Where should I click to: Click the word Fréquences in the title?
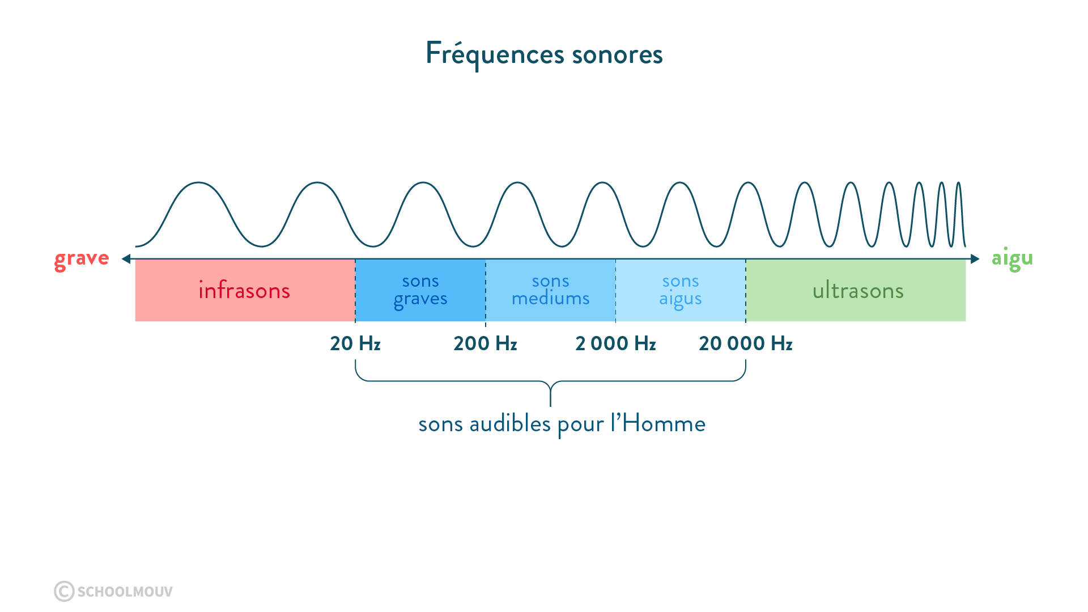[x=494, y=54]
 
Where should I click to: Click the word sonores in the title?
[x=617, y=55]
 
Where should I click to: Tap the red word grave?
[x=82, y=259]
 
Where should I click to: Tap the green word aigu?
[x=1012, y=259]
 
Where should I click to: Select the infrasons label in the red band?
[x=244, y=291]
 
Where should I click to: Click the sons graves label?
[x=420, y=290]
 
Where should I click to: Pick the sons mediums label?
[x=551, y=290]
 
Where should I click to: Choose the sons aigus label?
[x=681, y=290]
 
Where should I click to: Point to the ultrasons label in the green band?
[x=858, y=291]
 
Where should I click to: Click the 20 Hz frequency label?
[x=355, y=343]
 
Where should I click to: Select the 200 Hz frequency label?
[x=485, y=343]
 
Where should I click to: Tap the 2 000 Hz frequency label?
[x=615, y=343]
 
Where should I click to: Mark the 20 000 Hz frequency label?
[x=746, y=343]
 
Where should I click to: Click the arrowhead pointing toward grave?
[x=126, y=259]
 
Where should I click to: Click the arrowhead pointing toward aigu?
[x=975, y=259]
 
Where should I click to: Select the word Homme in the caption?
[x=664, y=424]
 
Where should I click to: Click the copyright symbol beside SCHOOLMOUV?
[x=64, y=591]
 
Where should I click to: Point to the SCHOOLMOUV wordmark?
[x=125, y=592]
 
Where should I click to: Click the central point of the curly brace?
[x=550, y=391]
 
